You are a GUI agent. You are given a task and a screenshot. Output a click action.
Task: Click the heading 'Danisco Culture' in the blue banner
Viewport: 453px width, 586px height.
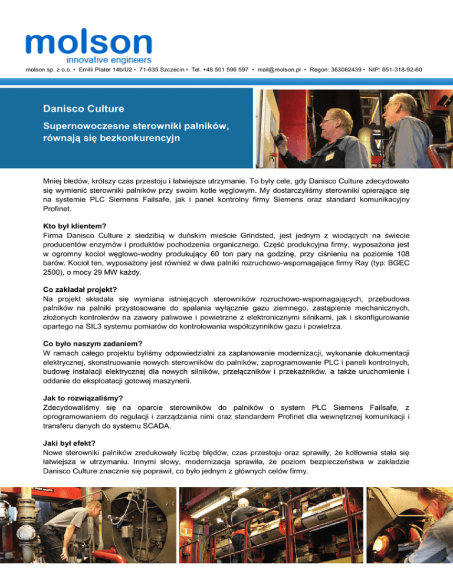pyautogui.click(x=83, y=108)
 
